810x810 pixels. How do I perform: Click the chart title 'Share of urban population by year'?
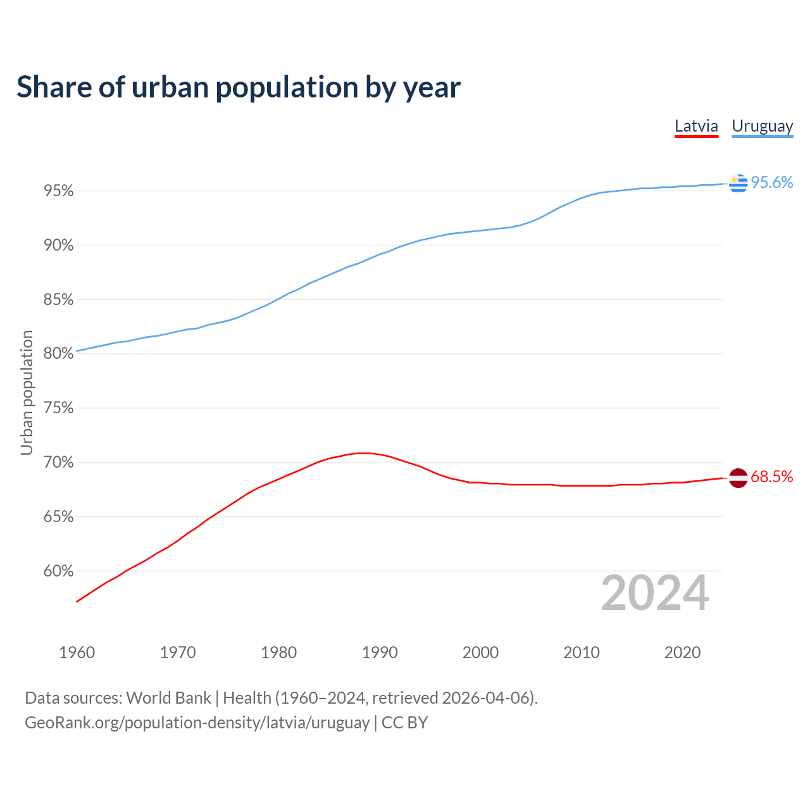pos(239,87)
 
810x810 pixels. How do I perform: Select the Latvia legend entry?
pos(696,126)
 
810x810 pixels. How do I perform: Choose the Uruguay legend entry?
pos(762,126)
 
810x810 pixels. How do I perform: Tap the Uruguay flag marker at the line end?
pos(738,183)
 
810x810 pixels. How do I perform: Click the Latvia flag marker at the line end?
pos(738,478)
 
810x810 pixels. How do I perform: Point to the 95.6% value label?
pos(771,182)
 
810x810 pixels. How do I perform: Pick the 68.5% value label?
pos(771,477)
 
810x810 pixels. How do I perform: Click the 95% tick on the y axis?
pos(58,191)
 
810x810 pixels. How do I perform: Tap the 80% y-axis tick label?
pos(58,354)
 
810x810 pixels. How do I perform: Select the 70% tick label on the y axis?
pos(58,463)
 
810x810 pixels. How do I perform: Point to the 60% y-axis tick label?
pos(58,571)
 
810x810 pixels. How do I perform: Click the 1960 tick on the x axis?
pos(77,652)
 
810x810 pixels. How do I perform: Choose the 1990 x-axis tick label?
pos(380,652)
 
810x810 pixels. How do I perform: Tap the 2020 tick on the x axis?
pos(682,652)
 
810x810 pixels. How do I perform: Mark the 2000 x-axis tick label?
pos(480,652)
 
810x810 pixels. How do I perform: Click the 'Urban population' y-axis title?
pos(27,392)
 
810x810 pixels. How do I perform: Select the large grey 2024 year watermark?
pos(655,593)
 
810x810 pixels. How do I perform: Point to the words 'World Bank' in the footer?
pos(168,698)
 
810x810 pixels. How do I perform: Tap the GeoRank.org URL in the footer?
pos(197,723)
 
